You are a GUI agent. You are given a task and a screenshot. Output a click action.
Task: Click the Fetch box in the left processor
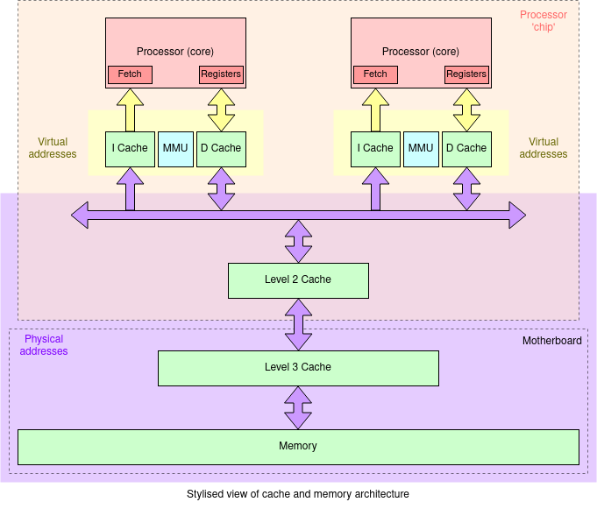(130, 74)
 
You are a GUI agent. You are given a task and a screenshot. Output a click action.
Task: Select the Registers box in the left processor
(221, 74)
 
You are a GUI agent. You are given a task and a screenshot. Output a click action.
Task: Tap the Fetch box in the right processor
(375, 74)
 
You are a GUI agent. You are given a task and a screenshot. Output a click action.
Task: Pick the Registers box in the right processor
(466, 74)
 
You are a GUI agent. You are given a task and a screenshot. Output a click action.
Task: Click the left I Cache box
(130, 149)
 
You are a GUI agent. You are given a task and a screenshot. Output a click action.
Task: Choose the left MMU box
(175, 149)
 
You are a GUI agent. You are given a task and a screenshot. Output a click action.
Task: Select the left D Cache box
(221, 149)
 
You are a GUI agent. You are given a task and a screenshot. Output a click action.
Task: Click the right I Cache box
(375, 149)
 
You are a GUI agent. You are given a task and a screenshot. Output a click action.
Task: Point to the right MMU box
(421, 149)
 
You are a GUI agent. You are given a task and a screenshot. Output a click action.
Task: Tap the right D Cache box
(466, 149)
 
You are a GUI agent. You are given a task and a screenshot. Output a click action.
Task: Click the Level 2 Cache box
(298, 280)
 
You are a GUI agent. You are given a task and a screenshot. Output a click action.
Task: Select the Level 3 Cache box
(298, 368)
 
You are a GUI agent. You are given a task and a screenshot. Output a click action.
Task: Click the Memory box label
(298, 447)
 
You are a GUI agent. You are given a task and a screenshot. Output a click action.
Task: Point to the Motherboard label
(551, 341)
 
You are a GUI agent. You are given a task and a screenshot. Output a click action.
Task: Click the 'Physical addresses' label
(43, 345)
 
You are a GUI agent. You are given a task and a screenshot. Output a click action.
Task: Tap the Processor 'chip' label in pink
(544, 21)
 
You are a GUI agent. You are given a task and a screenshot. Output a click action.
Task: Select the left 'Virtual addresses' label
(53, 148)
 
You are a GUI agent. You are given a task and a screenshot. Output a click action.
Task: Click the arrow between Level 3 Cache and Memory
(298, 407)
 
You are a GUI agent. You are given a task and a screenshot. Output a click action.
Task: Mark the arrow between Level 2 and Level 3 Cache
(298, 324)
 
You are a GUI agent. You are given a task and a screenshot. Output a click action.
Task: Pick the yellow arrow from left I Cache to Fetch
(130, 110)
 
